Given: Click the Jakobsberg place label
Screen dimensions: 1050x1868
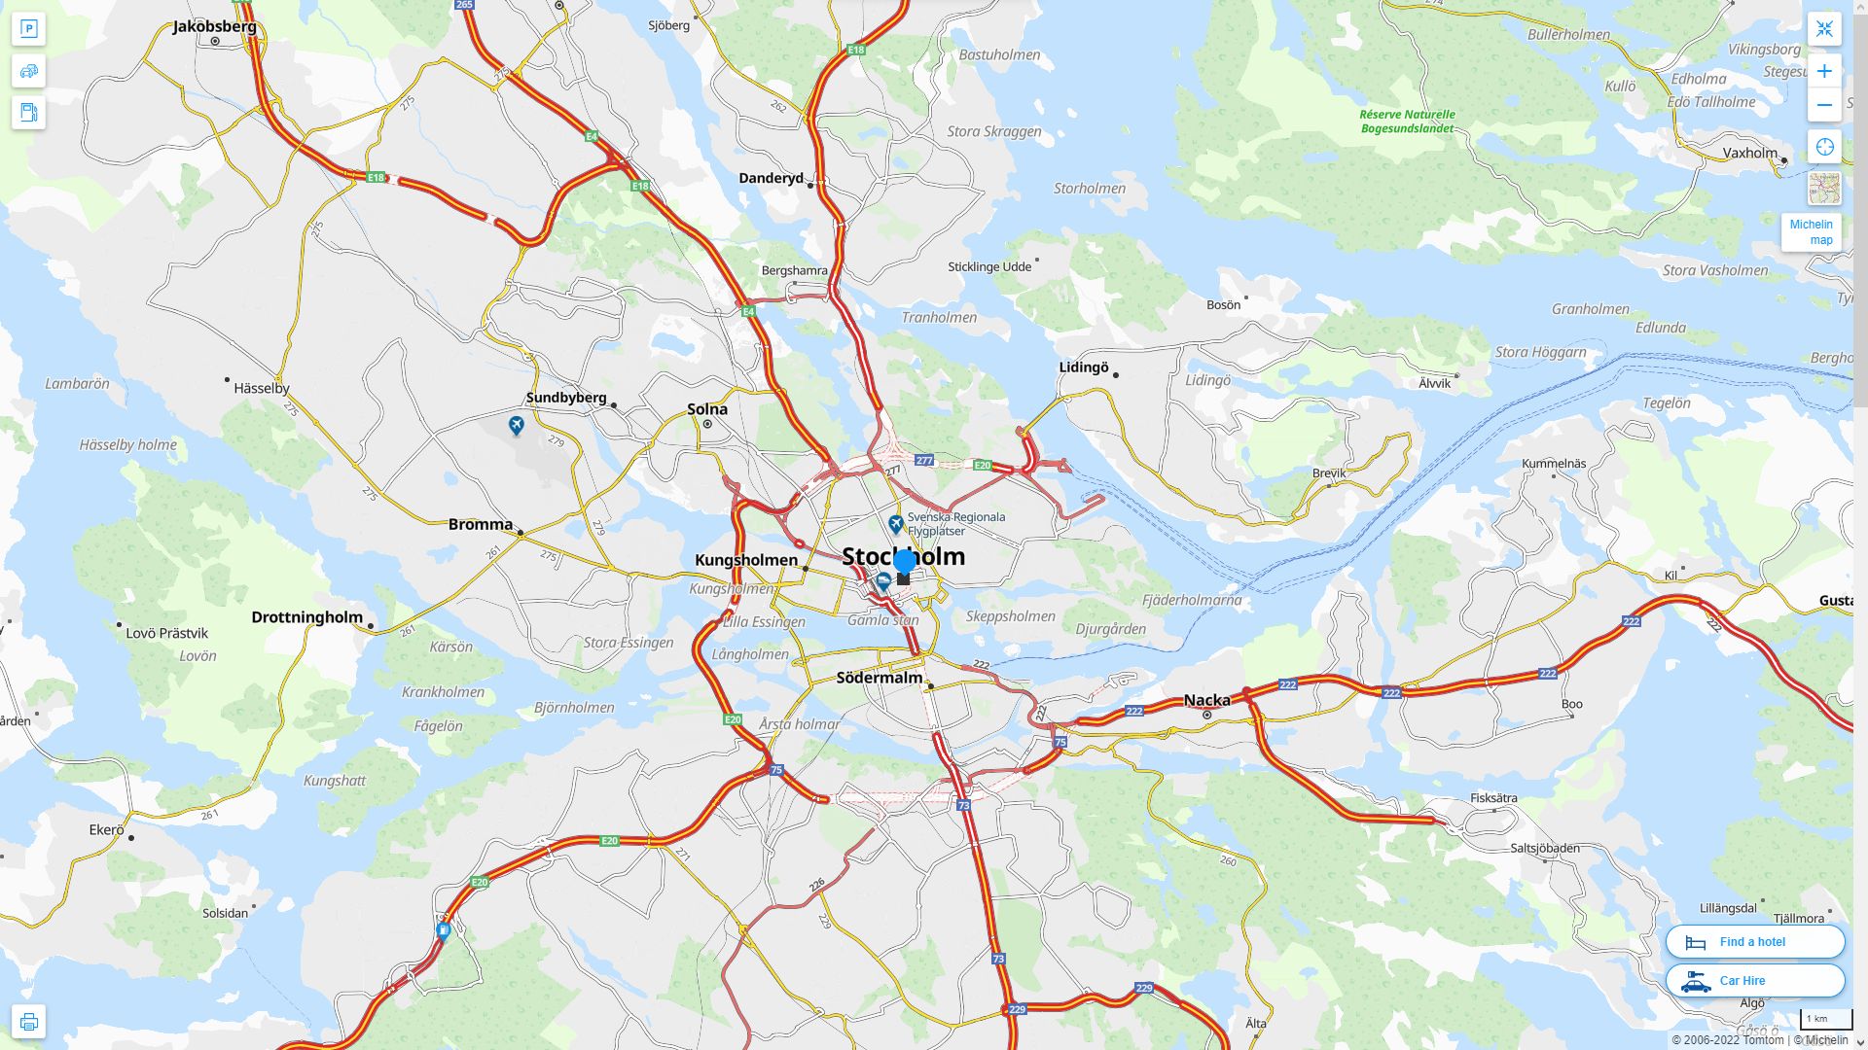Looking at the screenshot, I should tap(214, 26).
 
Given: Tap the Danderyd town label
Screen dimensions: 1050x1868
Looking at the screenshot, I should tap(771, 178).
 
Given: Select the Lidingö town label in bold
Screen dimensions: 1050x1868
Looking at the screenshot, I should tap(1083, 367).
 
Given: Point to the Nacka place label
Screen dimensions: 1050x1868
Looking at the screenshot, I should tap(1206, 700).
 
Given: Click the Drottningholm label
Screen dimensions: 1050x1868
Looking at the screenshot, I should tap(306, 617).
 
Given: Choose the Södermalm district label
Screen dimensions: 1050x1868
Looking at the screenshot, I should tap(879, 678).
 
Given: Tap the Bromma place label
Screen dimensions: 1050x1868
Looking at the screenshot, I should tap(480, 525).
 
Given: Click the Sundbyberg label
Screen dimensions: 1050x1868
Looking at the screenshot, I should tap(565, 398).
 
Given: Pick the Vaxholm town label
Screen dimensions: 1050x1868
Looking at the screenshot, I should tap(1749, 153).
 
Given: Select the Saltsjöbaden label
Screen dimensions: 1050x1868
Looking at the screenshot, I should tap(1545, 848).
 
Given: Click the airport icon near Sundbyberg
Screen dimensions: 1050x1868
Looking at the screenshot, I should tap(516, 425).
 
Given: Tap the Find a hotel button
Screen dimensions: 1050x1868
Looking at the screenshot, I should tap(1754, 942).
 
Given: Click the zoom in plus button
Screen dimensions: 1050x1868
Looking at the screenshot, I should tap(1824, 71).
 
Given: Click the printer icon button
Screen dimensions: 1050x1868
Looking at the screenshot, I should tap(28, 1022).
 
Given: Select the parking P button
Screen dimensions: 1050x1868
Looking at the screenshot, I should tap(28, 29).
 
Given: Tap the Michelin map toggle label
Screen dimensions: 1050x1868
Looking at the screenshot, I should tap(1811, 232).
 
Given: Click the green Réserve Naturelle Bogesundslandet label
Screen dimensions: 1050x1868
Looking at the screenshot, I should tap(1407, 122).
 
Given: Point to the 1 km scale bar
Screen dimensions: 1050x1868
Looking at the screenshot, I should tap(1825, 1020).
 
